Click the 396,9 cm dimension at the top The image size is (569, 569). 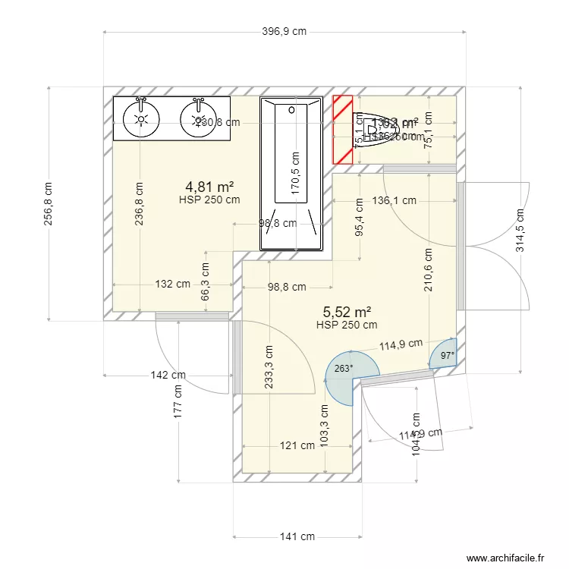coord(284,32)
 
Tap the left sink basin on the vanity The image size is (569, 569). coord(141,118)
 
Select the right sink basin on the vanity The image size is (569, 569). coord(199,118)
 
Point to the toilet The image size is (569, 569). coord(373,130)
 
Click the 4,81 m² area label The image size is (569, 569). coord(209,186)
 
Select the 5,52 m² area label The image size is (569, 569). coord(347,312)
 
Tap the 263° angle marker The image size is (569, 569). coord(343,369)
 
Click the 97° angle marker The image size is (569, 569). coord(448,355)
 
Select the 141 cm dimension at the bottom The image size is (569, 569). coord(297,536)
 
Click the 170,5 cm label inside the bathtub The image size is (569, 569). coord(295,172)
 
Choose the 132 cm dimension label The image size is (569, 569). coord(173,284)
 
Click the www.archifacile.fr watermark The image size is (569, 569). coord(506,558)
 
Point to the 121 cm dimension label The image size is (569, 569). coord(297,446)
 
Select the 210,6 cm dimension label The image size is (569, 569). coord(429,270)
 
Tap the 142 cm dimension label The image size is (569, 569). coord(168,375)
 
